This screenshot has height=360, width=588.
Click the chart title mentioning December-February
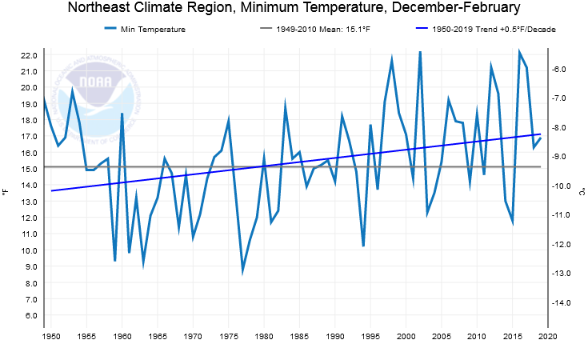click(x=294, y=9)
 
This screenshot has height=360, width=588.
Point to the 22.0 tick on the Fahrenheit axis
click(x=29, y=55)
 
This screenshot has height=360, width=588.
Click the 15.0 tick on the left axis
click(x=29, y=170)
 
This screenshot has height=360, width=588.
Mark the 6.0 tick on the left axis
click(x=29, y=316)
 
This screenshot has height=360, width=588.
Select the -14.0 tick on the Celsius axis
click(x=561, y=302)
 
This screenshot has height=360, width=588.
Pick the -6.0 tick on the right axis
click(x=561, y=70)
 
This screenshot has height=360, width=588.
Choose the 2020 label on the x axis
click(x=547, y=337)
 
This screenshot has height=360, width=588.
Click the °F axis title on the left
click(x=6, y=192)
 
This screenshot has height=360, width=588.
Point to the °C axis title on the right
click(x=582, y=192)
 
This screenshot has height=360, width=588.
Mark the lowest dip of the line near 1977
click(x=242, y=271)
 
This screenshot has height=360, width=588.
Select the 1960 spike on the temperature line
click(x=122, y=114)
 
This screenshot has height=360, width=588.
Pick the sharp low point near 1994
click(x=363, y=246)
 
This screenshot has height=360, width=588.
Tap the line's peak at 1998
click(x=392, y=58)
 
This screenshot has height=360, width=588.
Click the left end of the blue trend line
click(x=52, y=190)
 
